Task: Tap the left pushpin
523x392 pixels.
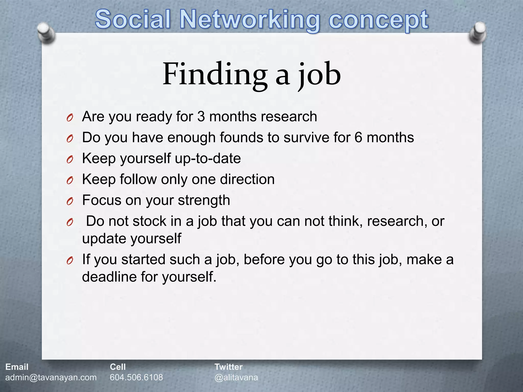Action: (x=46, y=33)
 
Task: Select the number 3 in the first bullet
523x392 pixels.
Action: (x=201, y=117)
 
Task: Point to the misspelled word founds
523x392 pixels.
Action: (x=242, y=138)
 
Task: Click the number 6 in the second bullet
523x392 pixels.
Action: (x=358, y=138)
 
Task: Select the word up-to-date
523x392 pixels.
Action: (x=208, y=158)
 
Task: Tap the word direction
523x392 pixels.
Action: (x=247, y=179)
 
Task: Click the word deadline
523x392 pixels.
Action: (x=109, y=277)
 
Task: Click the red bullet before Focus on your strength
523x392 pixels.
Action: (x=70, y=201)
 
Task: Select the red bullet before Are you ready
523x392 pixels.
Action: (x=70, y=118)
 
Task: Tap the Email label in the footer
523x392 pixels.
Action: (x=17, y=367)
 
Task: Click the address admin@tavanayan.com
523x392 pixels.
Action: (x=51, y=377)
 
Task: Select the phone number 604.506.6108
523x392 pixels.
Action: (x=136, y=377)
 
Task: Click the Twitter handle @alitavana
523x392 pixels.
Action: (x=236, y=377)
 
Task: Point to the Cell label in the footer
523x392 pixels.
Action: (x=118, y=367)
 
